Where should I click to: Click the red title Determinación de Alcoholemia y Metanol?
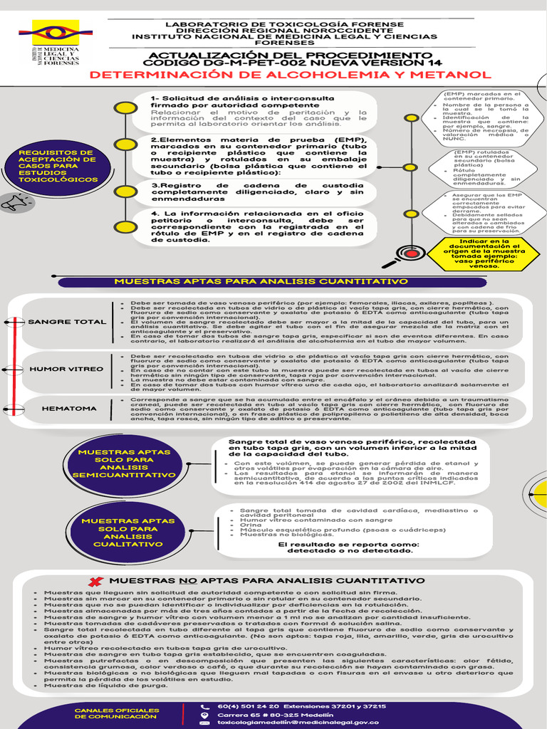click(290, 75)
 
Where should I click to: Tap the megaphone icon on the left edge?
click(13, 204)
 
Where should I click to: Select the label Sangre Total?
click(67, 322)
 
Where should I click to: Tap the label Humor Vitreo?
click(66, 369)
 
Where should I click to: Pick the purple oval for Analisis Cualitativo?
click(128, 532)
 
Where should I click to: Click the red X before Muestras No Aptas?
click(95, 582)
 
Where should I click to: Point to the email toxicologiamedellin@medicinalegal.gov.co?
click(298, 722)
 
